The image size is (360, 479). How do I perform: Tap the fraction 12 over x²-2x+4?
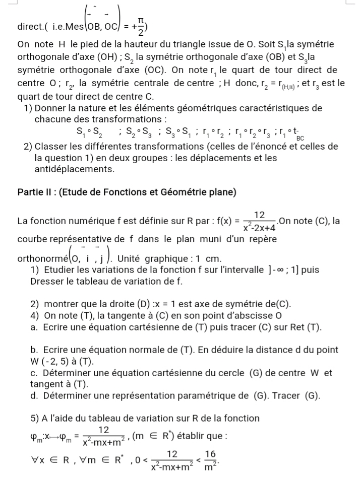(x=259, y=221)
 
